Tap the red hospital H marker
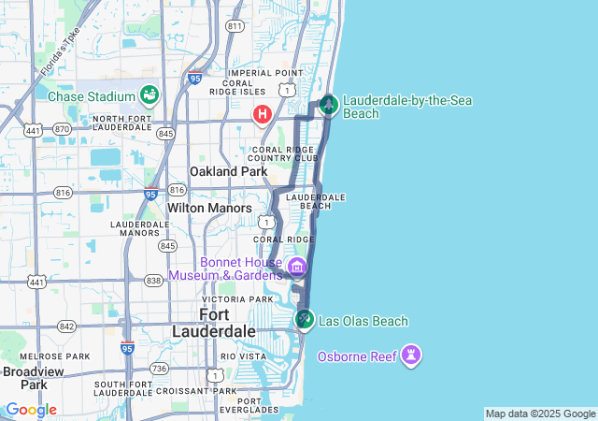click(x=263, y=114)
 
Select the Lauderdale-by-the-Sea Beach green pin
click(x=328, y=104)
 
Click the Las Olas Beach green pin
click(x=304, y=320)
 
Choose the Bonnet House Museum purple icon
click(x=297, y=267)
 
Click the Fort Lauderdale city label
click(x=214, y=323)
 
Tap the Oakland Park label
click(x=228, y=171)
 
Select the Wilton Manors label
click(x=209, y=208)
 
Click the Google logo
click(x=31, y=410)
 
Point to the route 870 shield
click(x=62, y=128)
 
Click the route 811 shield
click(x=235, y=26)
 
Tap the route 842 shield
click(x=66, y=327)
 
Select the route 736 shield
click(x=160, y=369)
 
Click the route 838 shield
click(x=154, y=281)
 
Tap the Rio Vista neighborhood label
click(x=242, y=356)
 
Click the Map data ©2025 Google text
click(x=539, y=414)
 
